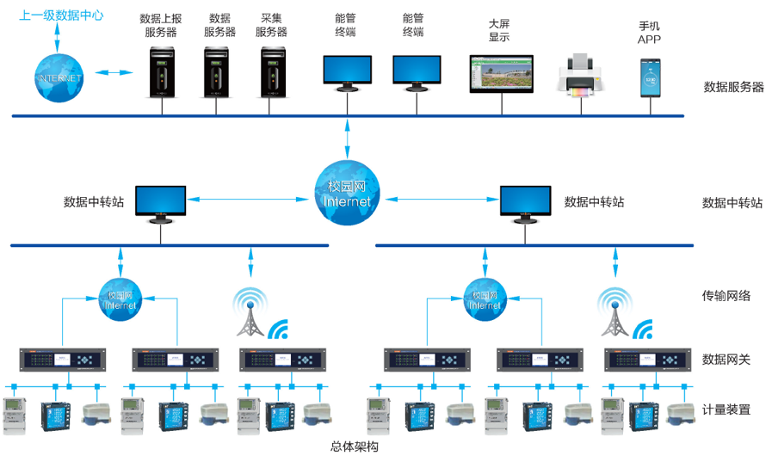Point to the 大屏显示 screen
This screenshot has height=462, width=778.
coord(502,75)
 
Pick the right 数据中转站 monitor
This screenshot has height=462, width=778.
coord(525,204)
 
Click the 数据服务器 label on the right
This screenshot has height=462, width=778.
coord(733,87)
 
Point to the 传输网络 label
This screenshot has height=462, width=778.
coord(726,296)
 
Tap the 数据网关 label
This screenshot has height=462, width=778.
coord(726,359)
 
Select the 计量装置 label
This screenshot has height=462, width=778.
coord(726,410)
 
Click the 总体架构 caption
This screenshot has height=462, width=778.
coord(354,447)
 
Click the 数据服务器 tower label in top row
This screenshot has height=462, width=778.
coord(219,25)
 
